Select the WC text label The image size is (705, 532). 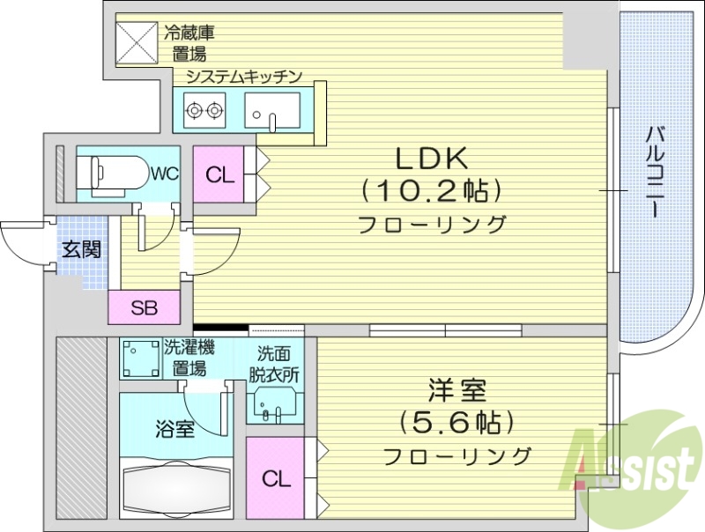tap(164, 174)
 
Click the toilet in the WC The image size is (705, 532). tap(114, 173)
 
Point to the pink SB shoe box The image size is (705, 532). tap(145, 308)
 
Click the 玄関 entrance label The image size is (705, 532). tap(80, 249)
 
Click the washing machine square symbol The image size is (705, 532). tap(139, 359)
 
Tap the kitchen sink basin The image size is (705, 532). tap(273, 113)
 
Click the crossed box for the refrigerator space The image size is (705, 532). tap(137, 41)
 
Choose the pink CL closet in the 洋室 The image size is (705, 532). tap(276, 479)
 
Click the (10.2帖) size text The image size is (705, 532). tap(431, 190)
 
